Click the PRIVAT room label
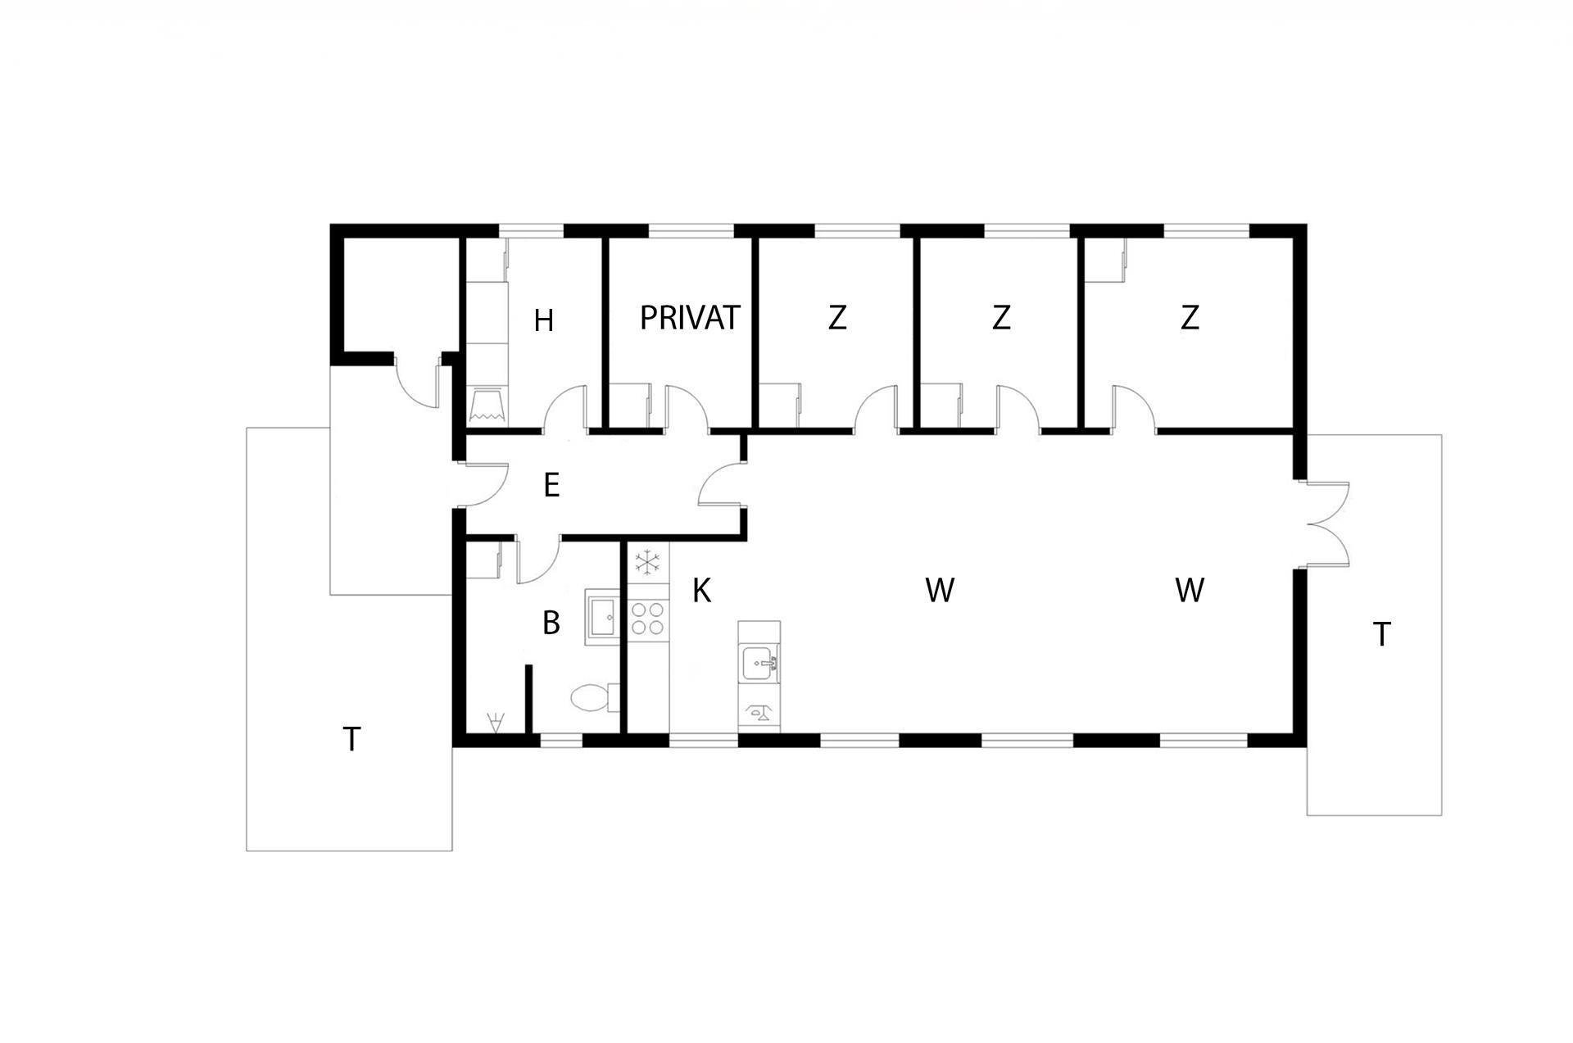coord(690,318)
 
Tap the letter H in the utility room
coord(544,321)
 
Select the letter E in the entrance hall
coord(551,486)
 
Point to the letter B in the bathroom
coord(551,624)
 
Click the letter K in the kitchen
coord(701,591)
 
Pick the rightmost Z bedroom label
coord(1190,318)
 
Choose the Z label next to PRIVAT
coord(836,318)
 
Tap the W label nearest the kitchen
coord(940,591)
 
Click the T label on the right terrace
coord(1382,635)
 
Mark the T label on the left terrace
coord(351,740)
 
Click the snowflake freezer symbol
coord(648,562)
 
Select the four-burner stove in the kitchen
coord(648,619)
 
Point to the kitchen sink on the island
coord(759,663)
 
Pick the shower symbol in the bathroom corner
coord(495,722)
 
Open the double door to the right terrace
coord(1326,524)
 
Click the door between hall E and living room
coord(723,485)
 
